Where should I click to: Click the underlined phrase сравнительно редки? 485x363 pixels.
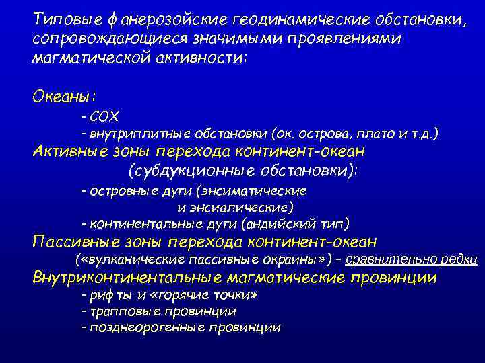pos(412,259)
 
